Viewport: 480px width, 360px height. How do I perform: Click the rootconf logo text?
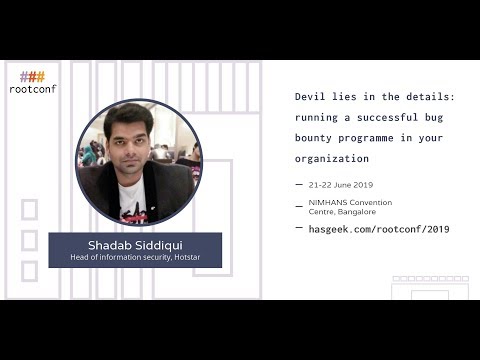point(33,88)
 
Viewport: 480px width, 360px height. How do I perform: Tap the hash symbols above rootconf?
point(33,76)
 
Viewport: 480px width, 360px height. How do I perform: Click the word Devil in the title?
point(311,98)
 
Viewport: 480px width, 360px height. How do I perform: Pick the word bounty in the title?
point(315,139)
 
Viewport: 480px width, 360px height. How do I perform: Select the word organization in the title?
point(332,159)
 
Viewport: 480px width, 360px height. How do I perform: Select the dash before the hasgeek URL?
point(300,229)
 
